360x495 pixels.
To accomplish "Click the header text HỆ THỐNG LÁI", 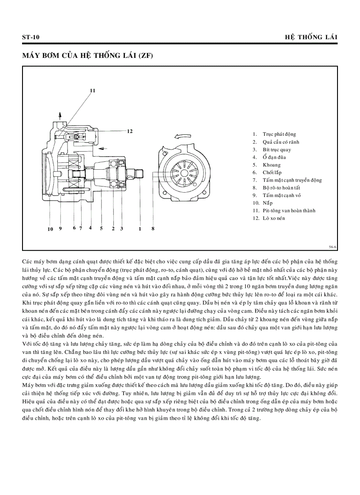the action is point(311,37).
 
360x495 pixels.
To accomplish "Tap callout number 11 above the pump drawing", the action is point(93,90).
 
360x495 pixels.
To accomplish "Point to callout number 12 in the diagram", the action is point(130,131).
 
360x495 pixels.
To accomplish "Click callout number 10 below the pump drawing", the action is point(50,229).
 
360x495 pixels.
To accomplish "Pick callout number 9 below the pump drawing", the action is point(60,228).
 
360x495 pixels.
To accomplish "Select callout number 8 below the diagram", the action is point(153,228).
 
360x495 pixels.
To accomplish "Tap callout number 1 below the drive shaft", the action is point(140,228).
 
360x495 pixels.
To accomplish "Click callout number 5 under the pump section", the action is point(101,228).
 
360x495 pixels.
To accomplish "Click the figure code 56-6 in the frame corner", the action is point(332,247).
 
